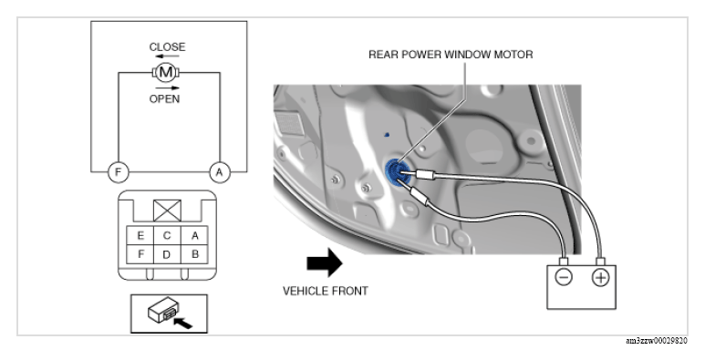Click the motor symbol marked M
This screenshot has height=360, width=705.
click(166, 72)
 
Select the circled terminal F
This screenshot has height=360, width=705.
click(119, 172)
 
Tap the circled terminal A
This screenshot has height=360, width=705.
click(220, 172)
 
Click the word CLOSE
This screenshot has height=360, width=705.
click(167, 46)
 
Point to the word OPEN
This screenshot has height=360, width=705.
click(164, 98)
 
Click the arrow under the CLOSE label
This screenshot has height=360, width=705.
click(167, 57)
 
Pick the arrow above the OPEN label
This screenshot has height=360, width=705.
click(167, 88)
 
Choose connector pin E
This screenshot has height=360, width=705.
click(140, 235)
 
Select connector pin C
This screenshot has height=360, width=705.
click(167, 235)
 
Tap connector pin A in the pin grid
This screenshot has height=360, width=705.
click(194, 235)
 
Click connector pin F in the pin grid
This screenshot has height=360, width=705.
click(140, 254)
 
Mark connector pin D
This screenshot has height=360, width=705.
click(167, 254)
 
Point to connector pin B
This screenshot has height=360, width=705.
click(194, 254)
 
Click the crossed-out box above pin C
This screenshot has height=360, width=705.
click(167, 211)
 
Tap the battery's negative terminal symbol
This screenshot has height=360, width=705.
click(564, 277)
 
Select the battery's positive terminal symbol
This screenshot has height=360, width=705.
click(600, 278)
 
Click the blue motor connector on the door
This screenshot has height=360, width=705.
click(396, 173)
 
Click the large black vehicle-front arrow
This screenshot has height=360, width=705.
click(325, 262)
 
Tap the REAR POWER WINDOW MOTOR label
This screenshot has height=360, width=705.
click(451, 55)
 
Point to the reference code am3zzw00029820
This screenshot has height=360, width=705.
click(657, 341)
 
